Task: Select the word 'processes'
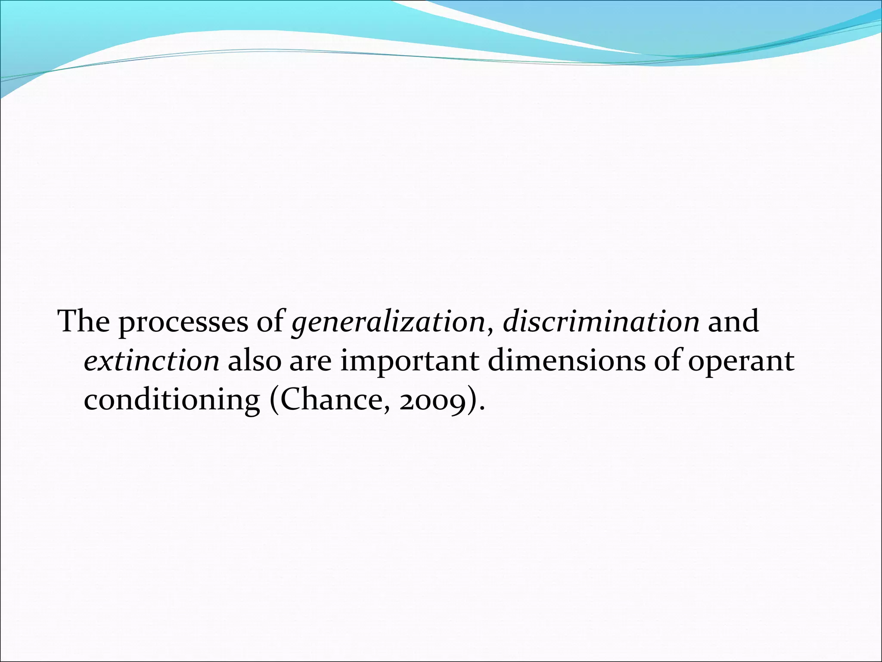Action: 183,323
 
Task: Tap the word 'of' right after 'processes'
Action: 270,322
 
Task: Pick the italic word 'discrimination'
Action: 601,322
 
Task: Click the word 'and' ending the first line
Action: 733,322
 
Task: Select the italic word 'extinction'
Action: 152,361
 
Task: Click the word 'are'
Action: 310,363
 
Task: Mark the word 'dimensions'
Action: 566,361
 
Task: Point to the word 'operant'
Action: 741,363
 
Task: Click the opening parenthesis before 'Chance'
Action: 274,401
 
